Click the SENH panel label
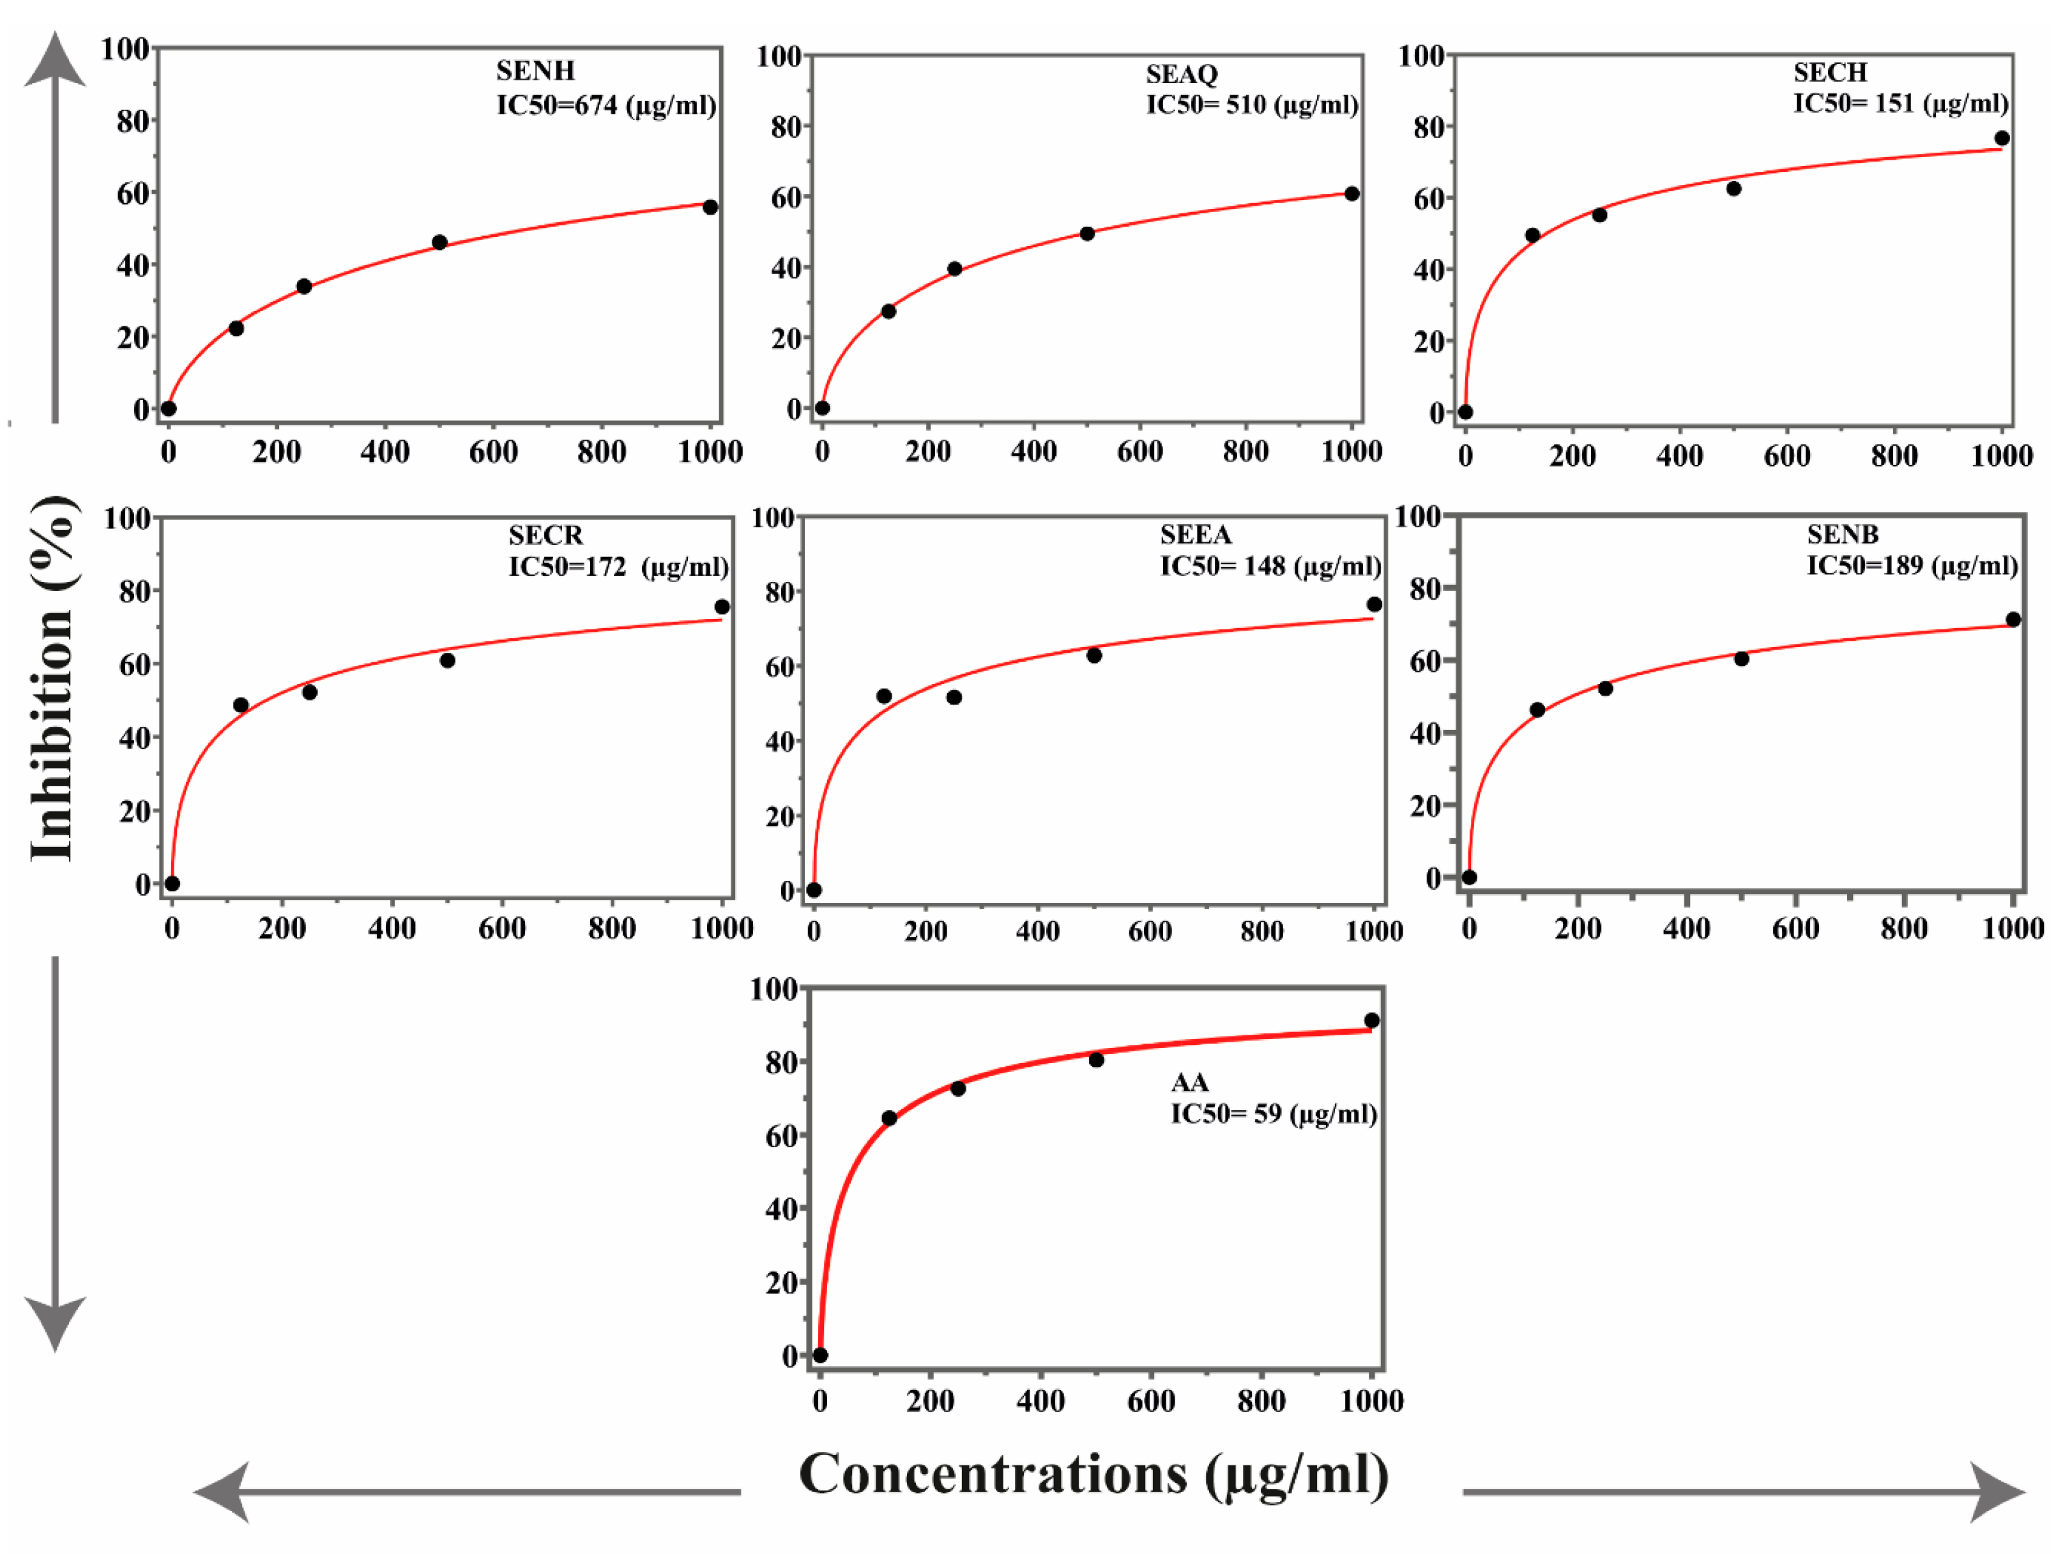click(535, 71)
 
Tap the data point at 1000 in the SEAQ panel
click(1352, 194)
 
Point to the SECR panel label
click(545, 535)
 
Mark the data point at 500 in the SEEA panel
click(1094, 656)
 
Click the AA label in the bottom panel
click(1190, 1083)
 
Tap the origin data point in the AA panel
click(821, 1355)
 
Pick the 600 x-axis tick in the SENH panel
click(494, 452)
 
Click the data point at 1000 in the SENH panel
click(710, 207)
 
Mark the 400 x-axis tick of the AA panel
click(1040, 1401)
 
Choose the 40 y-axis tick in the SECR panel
click(134, 738)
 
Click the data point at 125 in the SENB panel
click(1537, 710)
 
